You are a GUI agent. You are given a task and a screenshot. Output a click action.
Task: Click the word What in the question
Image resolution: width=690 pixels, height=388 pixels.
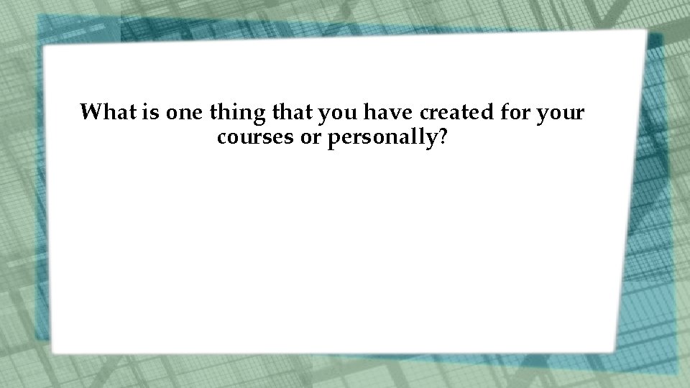106,113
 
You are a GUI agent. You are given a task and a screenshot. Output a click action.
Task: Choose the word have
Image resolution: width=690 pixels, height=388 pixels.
389,113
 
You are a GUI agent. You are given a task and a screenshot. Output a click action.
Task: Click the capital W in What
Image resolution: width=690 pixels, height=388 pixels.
90,113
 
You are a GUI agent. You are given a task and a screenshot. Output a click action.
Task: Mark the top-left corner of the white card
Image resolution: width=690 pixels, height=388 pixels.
45,48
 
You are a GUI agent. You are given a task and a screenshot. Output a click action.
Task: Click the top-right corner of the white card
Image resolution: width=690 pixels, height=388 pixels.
645,32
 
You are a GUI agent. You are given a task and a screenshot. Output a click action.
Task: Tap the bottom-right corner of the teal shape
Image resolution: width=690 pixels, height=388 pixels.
676,373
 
